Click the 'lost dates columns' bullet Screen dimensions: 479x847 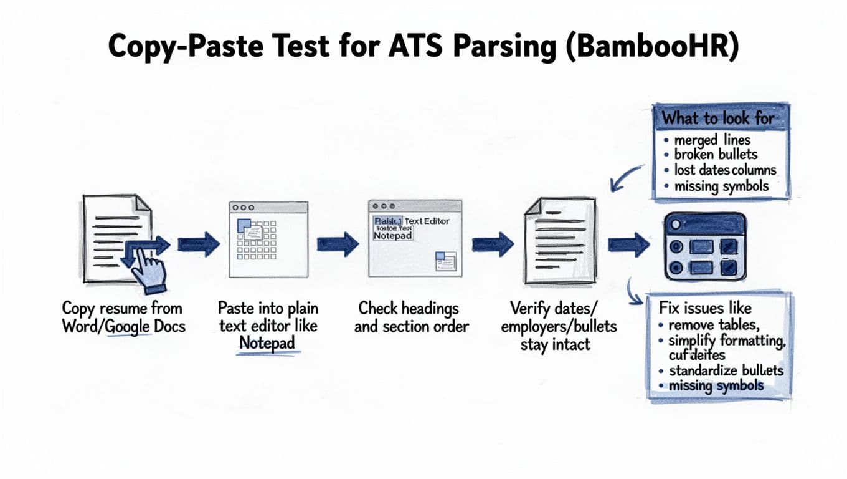point(725,170)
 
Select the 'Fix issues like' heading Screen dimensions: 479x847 point(705,307)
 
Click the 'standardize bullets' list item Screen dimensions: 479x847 point(726,370)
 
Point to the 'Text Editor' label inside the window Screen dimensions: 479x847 point(427,221)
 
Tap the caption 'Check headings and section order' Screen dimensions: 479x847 point(411,317)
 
